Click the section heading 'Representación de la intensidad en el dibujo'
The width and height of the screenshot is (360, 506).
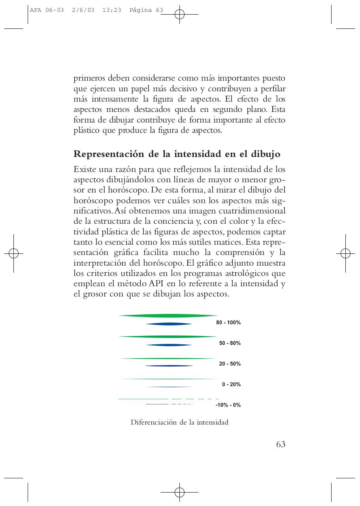click(x=177, y=154)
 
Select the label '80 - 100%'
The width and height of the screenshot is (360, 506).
click(x=228, y=323)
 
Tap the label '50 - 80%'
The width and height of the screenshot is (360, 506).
click(x=230, y=343)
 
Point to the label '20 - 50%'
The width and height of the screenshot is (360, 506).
click(x=230, y=364)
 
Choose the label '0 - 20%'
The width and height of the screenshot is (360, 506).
click(x=231, y=384)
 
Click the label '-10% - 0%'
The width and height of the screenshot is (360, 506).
click(x=228, y=405)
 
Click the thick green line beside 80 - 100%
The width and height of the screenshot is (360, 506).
click(x=168, y=315)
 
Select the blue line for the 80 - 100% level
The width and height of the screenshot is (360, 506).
click(x=169, y=324)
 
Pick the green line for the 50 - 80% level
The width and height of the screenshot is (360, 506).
click(x=168, y=336)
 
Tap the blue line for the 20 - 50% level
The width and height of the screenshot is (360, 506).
click(x=169, y=366)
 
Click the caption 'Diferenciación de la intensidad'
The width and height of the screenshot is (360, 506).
click(x=179, y=422)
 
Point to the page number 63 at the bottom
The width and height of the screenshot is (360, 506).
click(x=281, y=444)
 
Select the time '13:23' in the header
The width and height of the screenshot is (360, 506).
click(x=111, y=10)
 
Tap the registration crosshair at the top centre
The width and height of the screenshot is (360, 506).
click(x=179, y=15)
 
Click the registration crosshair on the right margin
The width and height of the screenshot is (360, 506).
click(x=345, y=253)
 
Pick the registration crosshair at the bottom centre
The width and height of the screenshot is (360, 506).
click(x=179, y=492)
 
